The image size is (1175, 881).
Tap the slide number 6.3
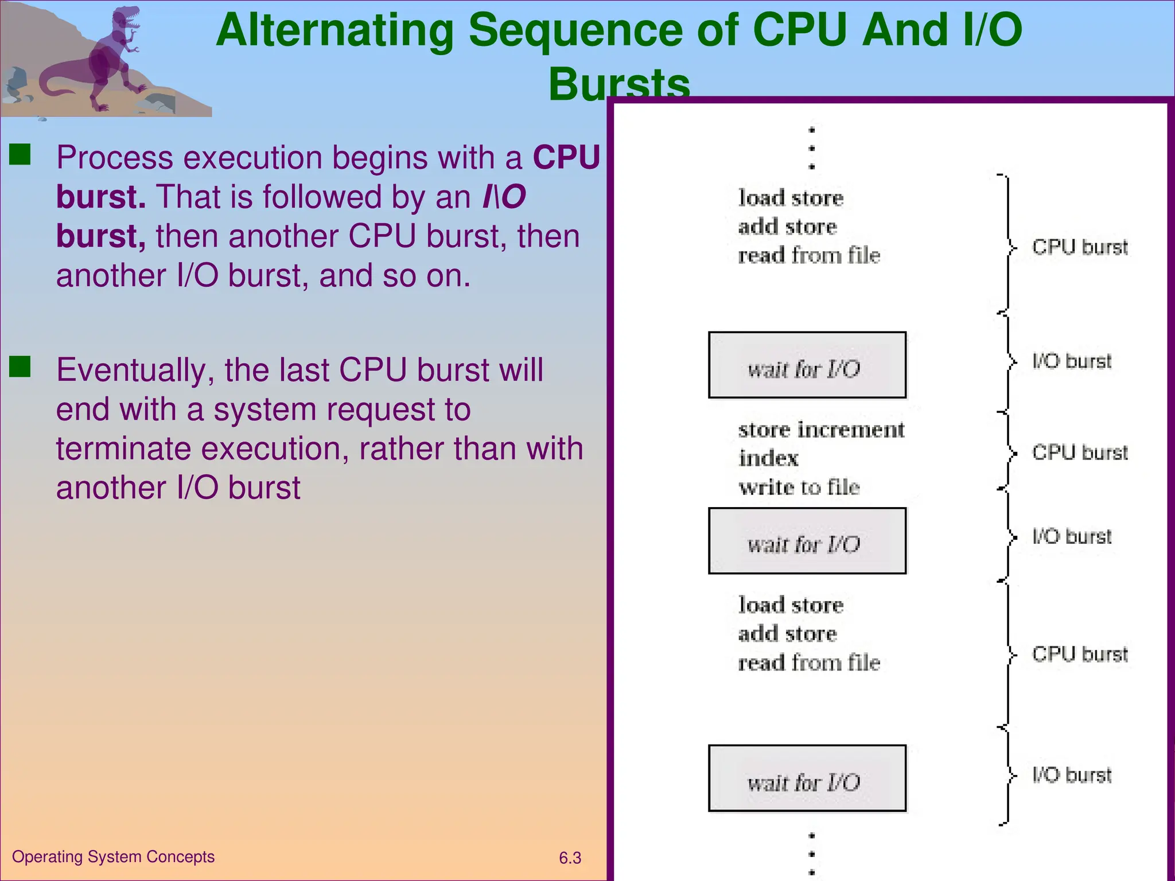tap(570, 858)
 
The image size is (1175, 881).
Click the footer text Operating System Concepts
tap(113, 856)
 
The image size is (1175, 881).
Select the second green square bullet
tap(20, 367)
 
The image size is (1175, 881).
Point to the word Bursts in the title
tap(618, 84)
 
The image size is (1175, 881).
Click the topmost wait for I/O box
tap(807, 365)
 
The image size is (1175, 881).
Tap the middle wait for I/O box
tap(807, 541)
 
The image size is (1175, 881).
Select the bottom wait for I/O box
tap(807, 778)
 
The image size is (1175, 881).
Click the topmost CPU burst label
tap(1079, 247)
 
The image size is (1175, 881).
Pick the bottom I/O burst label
tap(1071, 775)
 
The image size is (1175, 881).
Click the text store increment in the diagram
tap(821, 430)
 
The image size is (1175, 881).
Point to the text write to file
tap(799, 487)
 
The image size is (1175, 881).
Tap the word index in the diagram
tap(768, 458)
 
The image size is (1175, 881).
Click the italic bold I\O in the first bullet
tap(504, 197)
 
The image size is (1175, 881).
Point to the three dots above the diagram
tap(811, 148)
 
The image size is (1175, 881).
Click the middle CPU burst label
tap(1079, 453)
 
